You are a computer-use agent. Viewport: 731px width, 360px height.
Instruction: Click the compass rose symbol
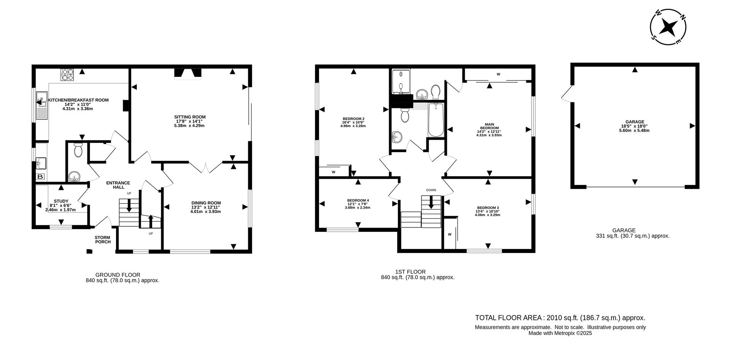click(668, 27)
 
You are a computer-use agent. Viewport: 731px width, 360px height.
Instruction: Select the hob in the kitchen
click(67, 75)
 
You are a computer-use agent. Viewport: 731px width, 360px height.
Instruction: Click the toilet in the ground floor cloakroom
click(78, 151)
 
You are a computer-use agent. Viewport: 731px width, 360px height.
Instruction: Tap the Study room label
click(61, 201)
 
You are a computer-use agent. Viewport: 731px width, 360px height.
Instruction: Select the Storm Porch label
click(102, 240)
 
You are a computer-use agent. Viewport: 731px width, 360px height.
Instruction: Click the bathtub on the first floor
click(436, 119)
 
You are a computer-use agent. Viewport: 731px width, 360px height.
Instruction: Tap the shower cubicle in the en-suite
click(400, 81)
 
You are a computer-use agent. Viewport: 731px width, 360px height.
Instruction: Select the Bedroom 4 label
click(358, 201)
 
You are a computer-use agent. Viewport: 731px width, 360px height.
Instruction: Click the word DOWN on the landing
click(431, 190)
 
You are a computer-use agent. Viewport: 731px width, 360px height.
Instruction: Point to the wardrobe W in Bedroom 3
click(450, 234)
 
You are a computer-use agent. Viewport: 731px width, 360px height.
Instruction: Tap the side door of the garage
click(567, 94)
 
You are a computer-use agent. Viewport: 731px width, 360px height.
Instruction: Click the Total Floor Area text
click(560, 318)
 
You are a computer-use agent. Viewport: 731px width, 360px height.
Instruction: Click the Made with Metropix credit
click(560, 333)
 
